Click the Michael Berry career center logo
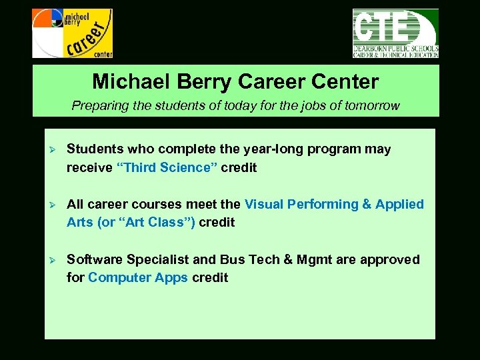(72, 33)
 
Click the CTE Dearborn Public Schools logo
(395, 33)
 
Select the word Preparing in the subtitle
(97, 105)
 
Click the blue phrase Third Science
(167, 167)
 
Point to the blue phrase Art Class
(156, 222)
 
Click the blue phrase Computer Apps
(138, 277)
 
